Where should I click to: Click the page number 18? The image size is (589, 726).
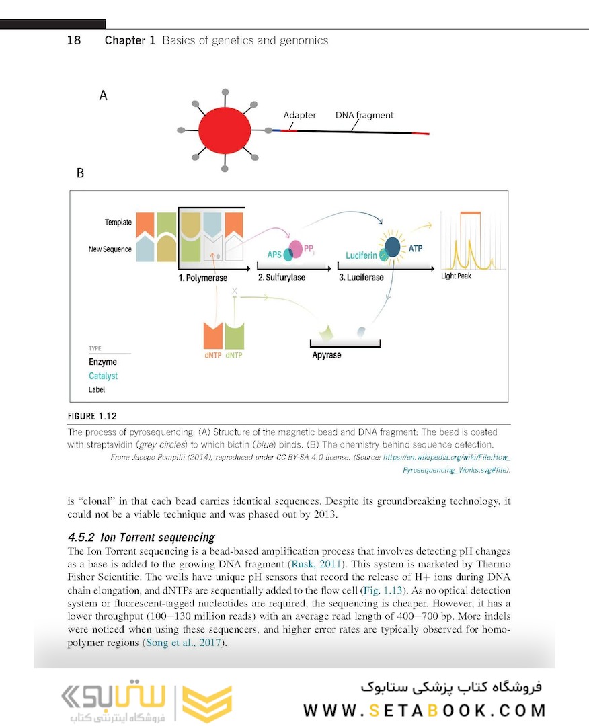[x=74, y=40]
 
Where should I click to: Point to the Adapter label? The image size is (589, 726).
[x=299, y=115]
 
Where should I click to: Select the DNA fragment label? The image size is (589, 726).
[x=364, y=115]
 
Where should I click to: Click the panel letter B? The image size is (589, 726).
[x=80, y=173]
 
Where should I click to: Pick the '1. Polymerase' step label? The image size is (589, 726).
[x=202, y=278]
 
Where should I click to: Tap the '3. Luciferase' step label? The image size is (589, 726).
[x=361, y=278]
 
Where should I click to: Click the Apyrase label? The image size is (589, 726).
[x=327, y=355]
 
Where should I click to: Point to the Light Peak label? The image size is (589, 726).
[x=456, y=276]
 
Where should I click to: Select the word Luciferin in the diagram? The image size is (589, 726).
[x=363, y=256]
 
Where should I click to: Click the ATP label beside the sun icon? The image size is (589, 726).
[x=416, y=249]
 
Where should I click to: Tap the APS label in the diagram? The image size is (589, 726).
[x=274, y=255]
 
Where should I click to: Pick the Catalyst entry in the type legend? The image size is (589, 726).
[x=103, y=376]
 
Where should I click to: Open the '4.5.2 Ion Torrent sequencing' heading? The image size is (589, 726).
[x=141, y=538]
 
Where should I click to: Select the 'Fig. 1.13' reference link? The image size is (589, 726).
[x=384, y=590]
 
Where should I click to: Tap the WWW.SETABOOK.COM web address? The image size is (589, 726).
[x=424, y=711]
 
